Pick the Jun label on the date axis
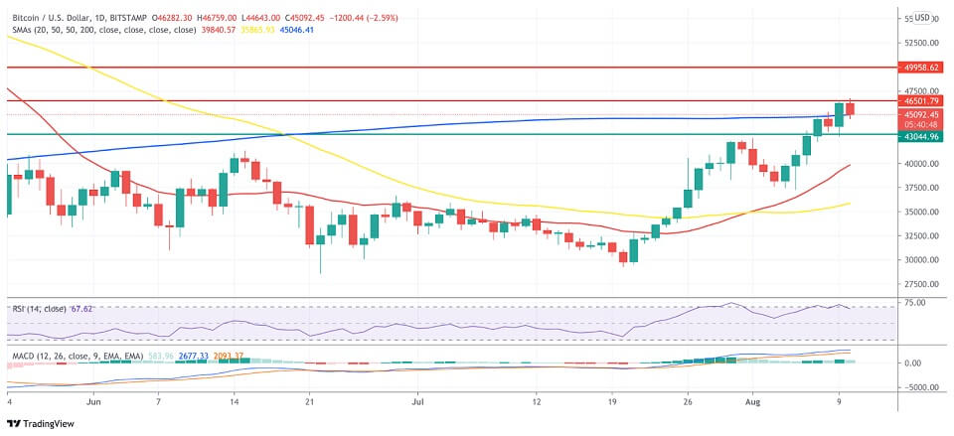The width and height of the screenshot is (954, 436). tap(95, 404)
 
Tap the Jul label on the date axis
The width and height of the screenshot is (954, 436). tap(417, 404)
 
